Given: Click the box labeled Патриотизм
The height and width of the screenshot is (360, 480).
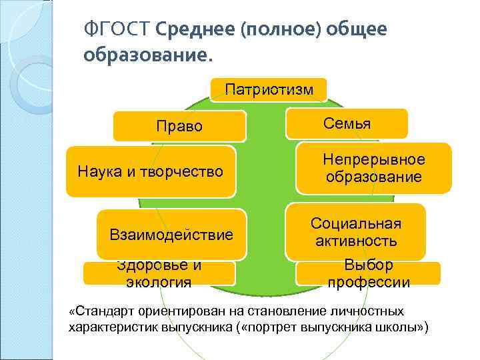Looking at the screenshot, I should tap(269, 89).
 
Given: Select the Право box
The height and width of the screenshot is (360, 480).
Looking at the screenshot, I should tap(179, 126).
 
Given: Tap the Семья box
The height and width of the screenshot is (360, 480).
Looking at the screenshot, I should tap(347, 123).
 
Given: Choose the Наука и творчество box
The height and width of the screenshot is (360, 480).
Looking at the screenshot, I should tap(151, 171).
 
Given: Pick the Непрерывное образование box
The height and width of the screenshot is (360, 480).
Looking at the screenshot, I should tap(373, 168).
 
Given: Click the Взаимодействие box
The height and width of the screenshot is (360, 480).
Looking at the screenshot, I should tap(171, 234).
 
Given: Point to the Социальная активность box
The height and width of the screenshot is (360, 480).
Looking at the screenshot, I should tap(355, 232).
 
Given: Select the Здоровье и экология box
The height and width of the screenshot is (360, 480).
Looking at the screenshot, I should tap(159, 273).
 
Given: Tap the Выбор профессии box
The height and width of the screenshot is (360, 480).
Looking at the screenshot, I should tap(369, 273).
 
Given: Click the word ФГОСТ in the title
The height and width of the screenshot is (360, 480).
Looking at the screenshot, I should tap(117, 29).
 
